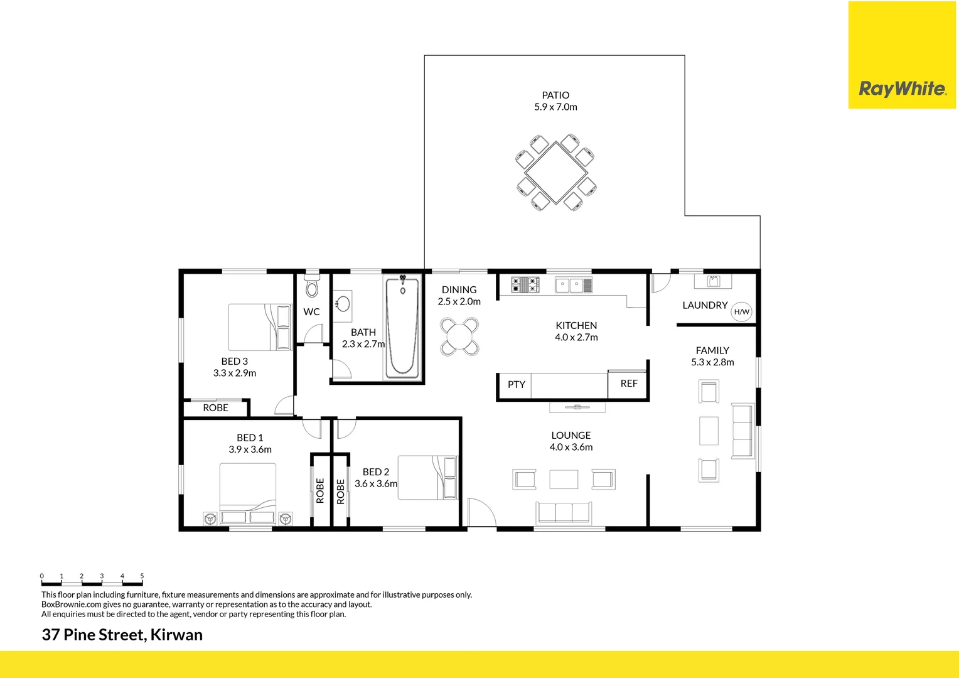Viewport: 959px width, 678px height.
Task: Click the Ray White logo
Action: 902,89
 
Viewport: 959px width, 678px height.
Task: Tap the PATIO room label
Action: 555,95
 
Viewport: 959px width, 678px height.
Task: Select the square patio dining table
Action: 556,173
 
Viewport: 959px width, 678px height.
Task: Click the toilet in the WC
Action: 312,287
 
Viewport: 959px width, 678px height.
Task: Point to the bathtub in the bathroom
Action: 402,328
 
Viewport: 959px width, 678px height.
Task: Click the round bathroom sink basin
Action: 343,304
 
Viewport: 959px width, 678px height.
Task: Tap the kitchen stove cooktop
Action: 525,285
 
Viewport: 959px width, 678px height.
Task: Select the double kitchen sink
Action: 573,286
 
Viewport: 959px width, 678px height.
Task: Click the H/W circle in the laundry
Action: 741,312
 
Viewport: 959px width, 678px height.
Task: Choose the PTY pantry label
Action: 516,385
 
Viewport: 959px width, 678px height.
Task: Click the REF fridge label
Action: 628,384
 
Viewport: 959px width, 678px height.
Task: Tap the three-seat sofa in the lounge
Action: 563,513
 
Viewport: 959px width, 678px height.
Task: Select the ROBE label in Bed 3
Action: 215,408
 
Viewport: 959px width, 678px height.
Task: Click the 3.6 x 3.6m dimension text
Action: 376,484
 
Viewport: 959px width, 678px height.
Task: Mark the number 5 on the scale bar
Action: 142,576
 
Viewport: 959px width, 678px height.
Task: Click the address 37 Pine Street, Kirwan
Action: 122,635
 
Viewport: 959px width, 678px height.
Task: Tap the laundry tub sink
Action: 713,281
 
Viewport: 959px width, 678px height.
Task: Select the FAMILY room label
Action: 712,350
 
